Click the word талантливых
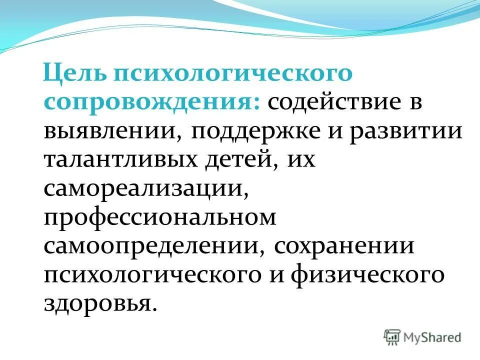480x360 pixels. [121, 161]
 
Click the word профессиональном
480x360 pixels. [160, 219]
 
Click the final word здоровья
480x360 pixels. [97, 304]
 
